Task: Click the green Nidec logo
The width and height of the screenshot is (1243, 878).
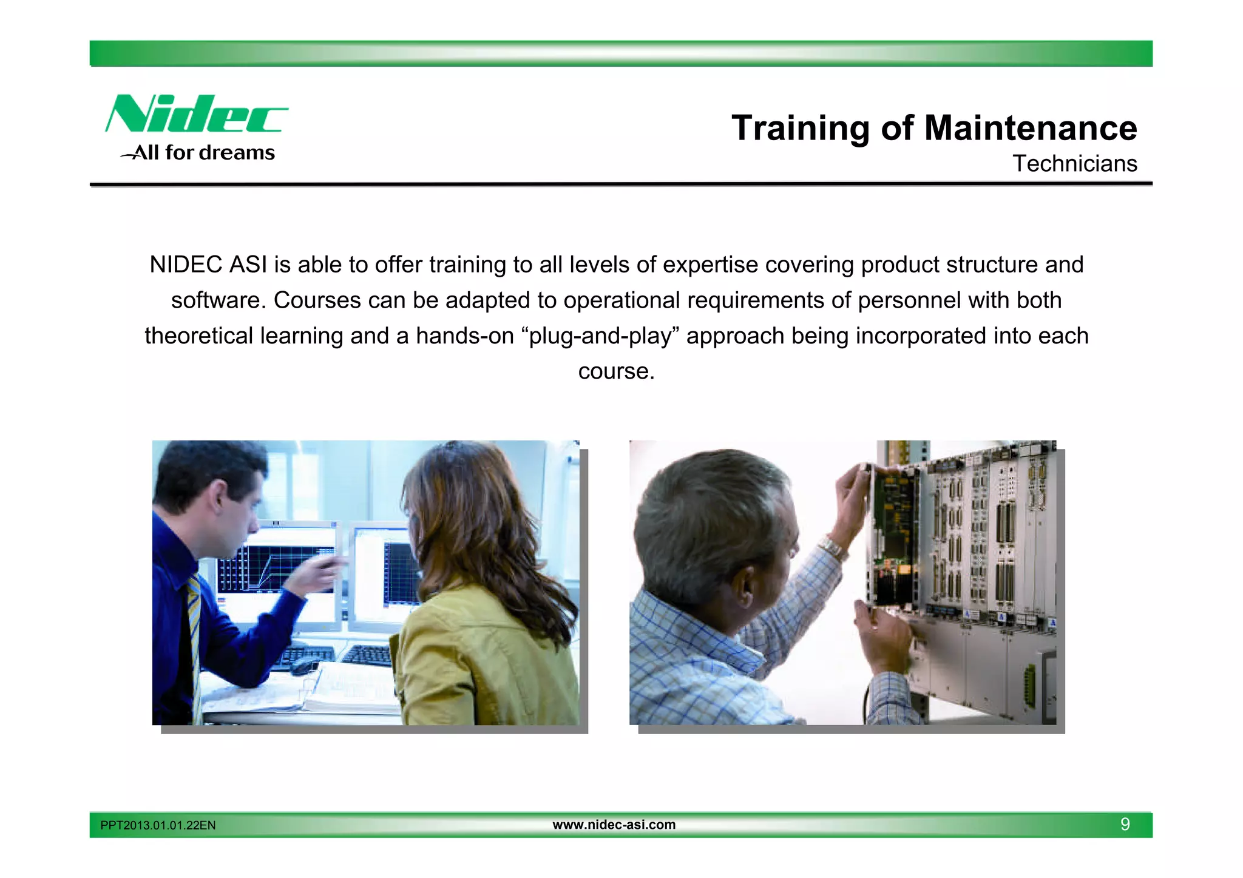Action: point(195,113)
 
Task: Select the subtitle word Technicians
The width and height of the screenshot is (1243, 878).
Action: point(1074,164)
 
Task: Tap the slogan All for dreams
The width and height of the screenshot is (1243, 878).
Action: point(204,153)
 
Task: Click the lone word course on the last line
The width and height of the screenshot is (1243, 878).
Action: point(616,371)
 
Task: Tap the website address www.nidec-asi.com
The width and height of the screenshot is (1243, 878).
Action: point(614,825)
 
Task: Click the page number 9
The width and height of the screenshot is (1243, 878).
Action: point(1125,825)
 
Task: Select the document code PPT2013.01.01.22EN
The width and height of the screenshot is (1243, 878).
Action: point(158,825)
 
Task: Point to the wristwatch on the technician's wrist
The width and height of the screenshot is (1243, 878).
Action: point(832,547)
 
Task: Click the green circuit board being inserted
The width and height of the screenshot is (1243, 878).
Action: point(893,534)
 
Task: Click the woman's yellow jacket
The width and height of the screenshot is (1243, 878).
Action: point(479,661)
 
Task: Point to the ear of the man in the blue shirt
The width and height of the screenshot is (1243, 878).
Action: point(217,499)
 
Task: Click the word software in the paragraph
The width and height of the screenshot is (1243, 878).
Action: point(218,300)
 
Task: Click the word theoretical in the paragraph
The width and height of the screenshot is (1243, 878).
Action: point(198,336)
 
